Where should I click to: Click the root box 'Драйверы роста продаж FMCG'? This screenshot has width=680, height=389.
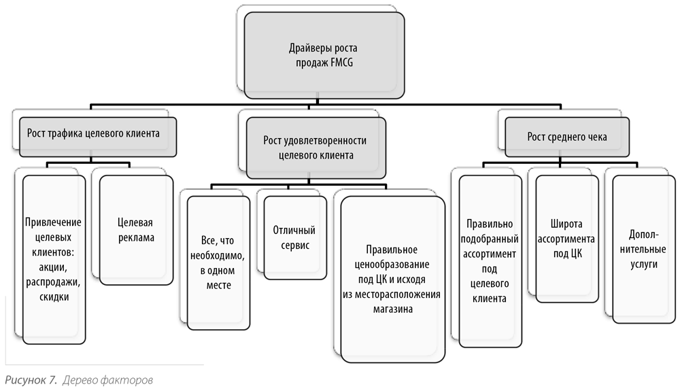point(324,55)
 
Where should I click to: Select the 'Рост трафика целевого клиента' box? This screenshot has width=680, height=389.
point(97,137)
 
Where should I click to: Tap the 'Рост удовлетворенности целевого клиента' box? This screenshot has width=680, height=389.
point(316,148)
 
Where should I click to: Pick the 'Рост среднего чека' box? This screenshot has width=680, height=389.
point(567,137)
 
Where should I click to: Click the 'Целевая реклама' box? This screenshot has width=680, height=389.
point(136,230)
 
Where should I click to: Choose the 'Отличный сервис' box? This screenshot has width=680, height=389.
point(295,237)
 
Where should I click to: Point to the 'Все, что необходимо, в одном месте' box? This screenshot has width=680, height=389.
point(218,263)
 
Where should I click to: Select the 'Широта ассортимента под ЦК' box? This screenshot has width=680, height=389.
point(567,239)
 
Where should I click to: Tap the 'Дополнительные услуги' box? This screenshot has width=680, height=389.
point(644,250)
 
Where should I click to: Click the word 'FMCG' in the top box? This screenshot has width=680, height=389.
point(342,63)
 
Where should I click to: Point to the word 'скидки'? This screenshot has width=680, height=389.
point(54,297)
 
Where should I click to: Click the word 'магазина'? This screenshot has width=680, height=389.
point(393,309)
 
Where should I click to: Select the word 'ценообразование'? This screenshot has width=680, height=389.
point(392,265)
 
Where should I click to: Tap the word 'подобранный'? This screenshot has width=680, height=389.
point(490,239)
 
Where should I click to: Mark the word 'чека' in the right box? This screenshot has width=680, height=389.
point(597,137)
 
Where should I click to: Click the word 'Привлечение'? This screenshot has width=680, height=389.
point(53,222)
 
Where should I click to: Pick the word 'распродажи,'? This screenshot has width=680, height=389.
point(53,282)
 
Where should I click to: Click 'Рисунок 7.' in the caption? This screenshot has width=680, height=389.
point(31,380)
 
